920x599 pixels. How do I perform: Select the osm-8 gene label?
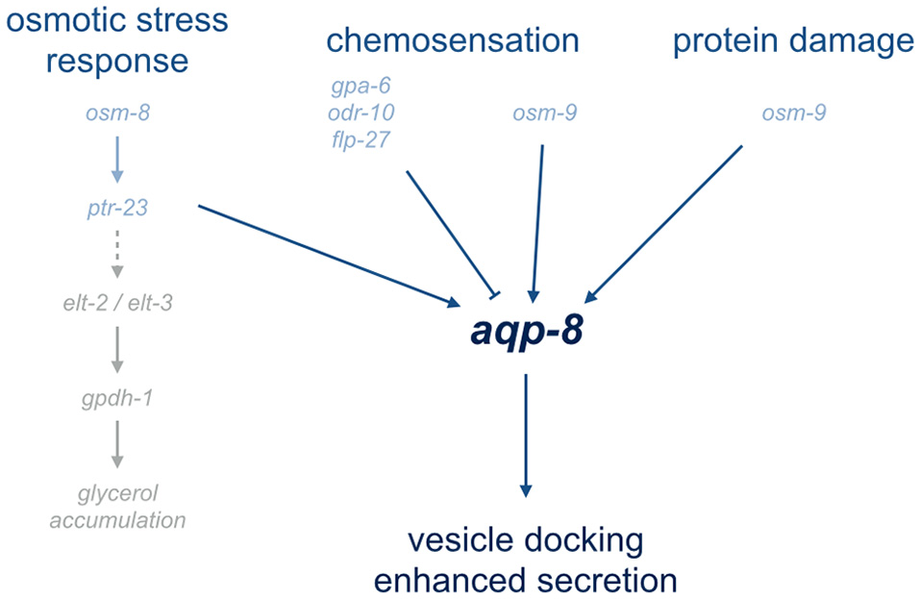117,114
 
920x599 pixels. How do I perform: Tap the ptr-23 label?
117,207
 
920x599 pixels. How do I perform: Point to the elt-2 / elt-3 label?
117,304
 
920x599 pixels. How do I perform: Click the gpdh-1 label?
117,399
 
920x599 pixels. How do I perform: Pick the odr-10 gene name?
361,113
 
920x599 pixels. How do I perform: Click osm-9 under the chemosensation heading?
545,114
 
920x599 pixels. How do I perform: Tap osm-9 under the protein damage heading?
794,114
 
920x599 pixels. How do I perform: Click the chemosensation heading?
452,40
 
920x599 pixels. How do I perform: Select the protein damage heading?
793,40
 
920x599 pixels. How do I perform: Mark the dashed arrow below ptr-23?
117,253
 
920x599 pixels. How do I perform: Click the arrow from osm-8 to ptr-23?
117,160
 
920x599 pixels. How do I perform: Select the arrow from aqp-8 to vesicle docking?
526,433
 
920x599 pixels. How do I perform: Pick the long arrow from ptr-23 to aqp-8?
327,255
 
